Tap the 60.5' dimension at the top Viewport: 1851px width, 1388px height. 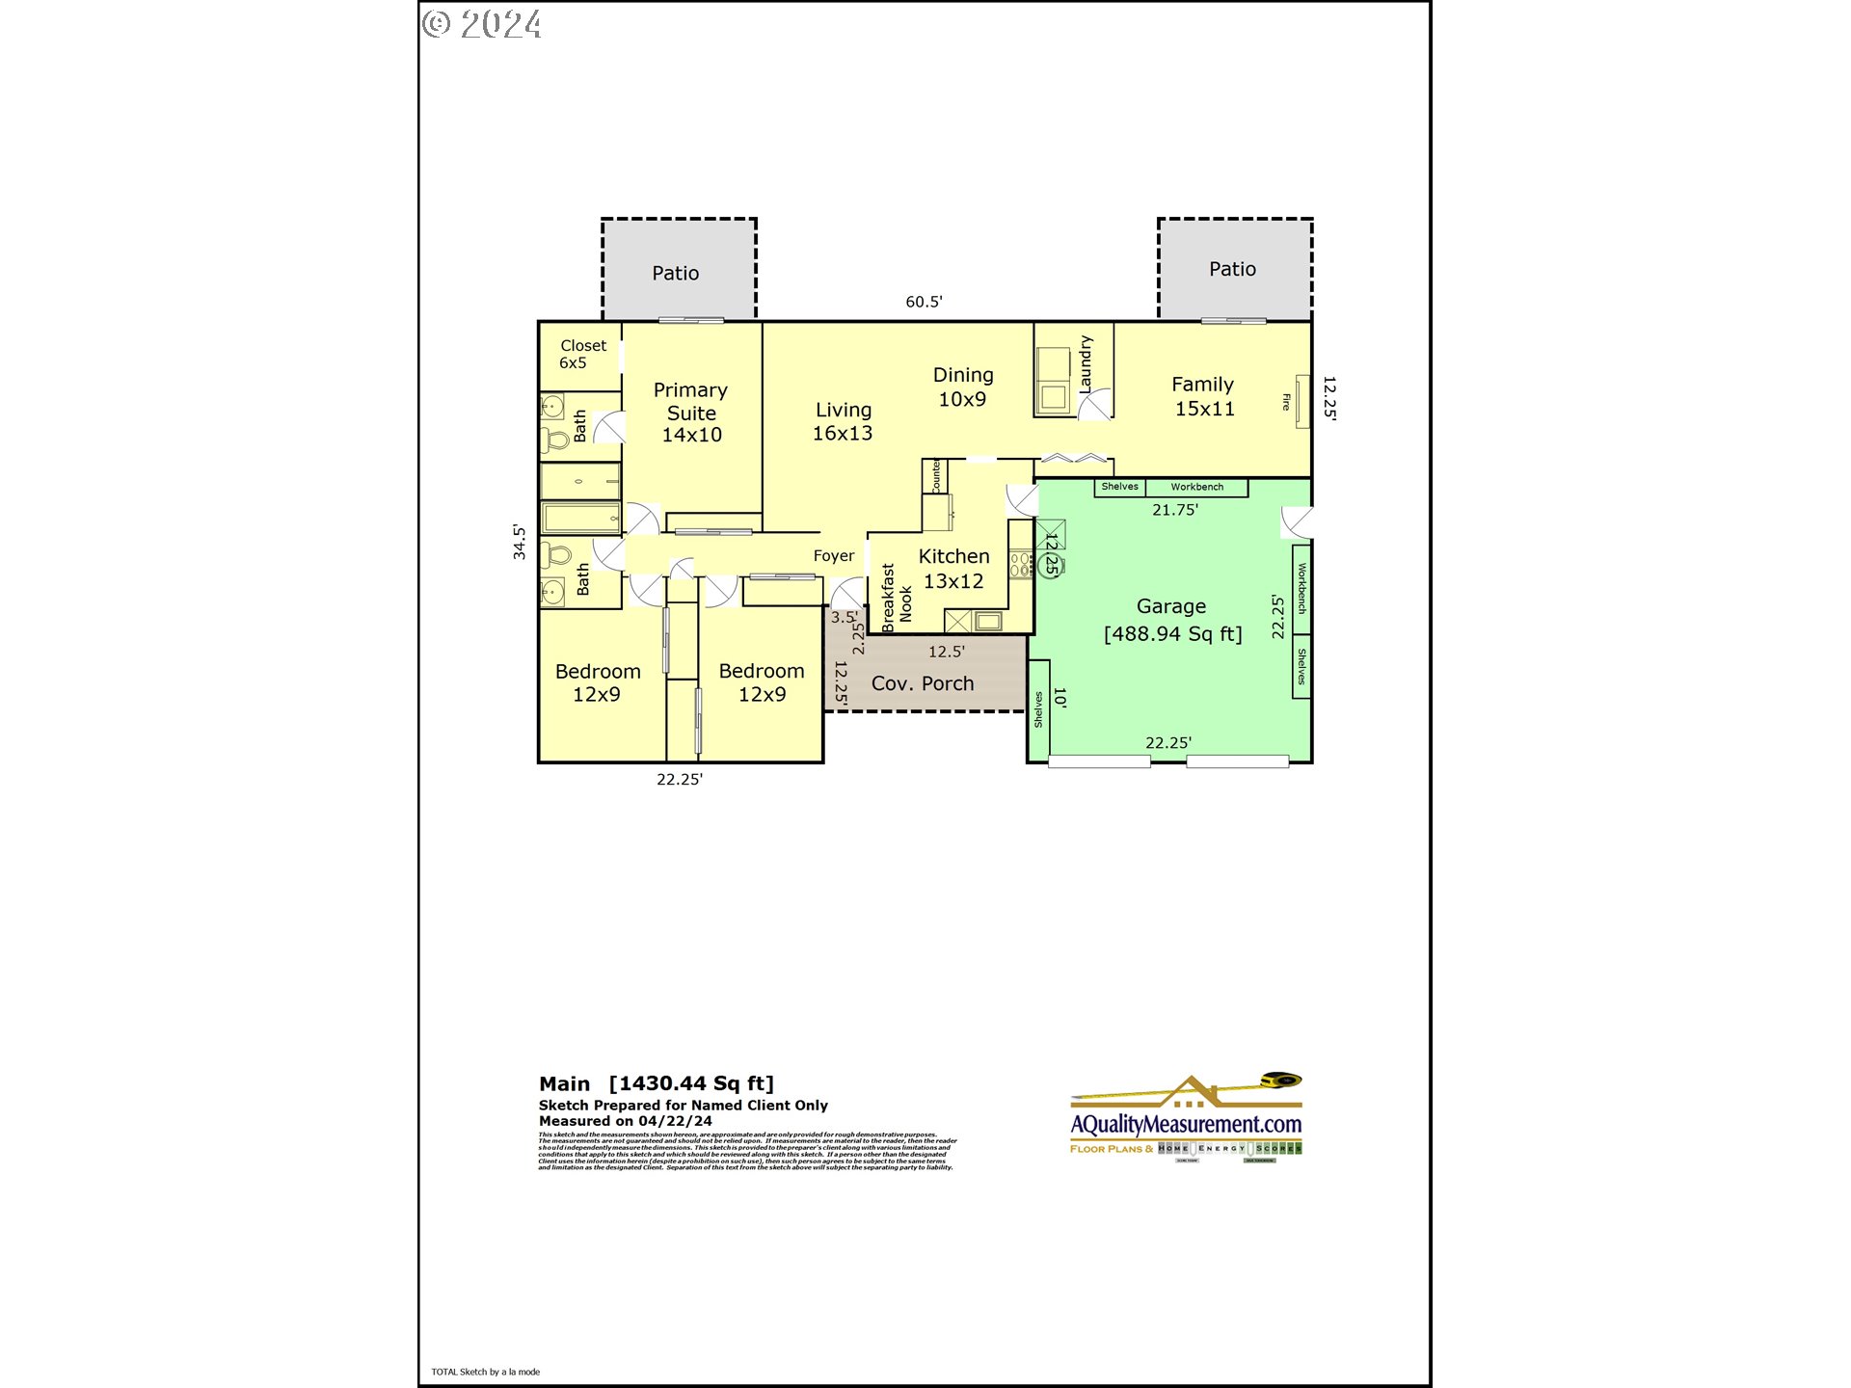(923, 302)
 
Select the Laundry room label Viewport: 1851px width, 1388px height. (1086, 363)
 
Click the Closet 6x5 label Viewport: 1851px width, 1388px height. (582, 354)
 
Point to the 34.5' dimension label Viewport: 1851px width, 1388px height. (520, 542)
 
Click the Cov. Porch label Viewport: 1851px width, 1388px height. (922, 683)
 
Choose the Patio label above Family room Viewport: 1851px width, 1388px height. (1232, 269)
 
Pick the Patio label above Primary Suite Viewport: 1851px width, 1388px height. (675, 273)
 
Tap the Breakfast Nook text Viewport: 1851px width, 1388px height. (896, 599)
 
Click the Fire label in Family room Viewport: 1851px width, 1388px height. (1286, 402)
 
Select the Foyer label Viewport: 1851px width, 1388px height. (833, 556)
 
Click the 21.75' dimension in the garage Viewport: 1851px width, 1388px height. (1174, 510)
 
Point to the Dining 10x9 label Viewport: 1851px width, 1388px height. (962, 387)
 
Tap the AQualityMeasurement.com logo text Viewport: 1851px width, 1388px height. (1186, 1124)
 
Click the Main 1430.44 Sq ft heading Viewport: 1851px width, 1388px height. (656, 1083)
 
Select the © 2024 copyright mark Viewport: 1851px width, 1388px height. (482, 24)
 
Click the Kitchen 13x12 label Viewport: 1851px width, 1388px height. (953, 569)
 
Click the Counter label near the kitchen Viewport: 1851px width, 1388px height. (935, 476)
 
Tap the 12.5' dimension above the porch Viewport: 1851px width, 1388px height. (946, 652)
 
